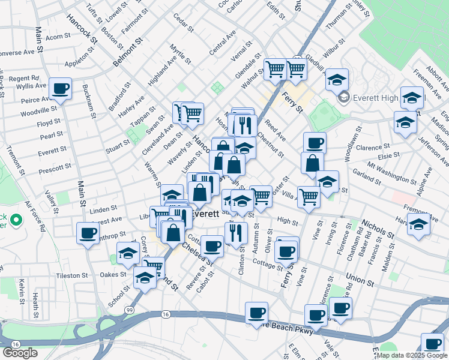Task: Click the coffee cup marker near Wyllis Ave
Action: pyautogui.click(x=60, y=89)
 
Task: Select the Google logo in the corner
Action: pyautogui.click(x=20, y=353)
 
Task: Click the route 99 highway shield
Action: pyautogui.click(x=130, y=309)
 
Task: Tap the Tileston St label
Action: pyautogui.click(x=72, y=276)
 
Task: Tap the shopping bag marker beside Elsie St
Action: pyautogui.click(x=313, y=163)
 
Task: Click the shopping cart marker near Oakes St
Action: pyautogui.click(x=153, y=266)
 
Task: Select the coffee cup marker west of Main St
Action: pyautogui.click(x=88, y=232)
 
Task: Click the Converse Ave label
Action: pyautogui.click(x=16, y=52)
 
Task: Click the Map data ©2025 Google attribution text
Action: pyautogui.click(x=411, y=355)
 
